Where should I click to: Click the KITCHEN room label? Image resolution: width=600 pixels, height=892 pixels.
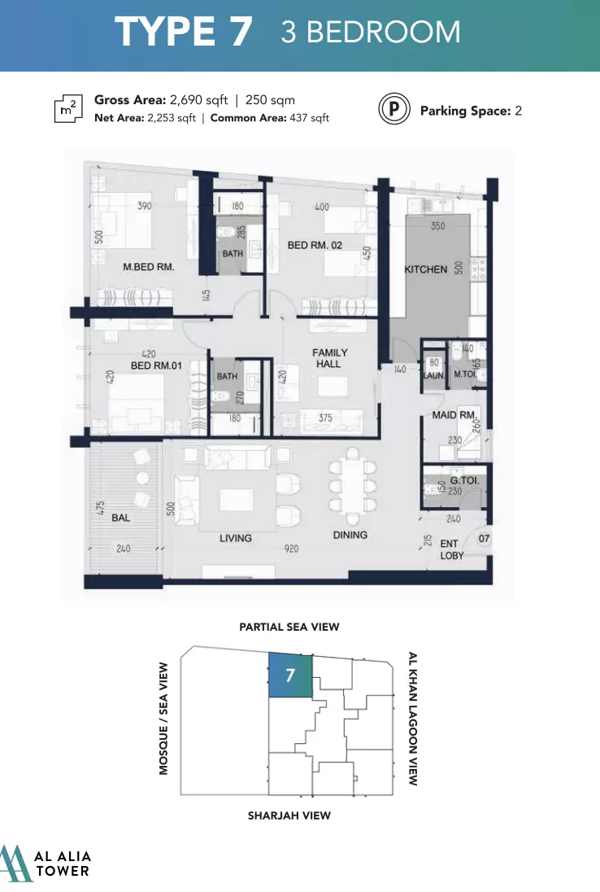[x=425, y=269]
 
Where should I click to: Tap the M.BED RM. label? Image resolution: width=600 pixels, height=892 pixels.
[x=149, y=267]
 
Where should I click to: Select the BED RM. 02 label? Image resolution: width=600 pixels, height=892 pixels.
[x=315, y=245]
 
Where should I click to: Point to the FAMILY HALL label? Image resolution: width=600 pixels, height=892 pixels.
[x=329, y=358]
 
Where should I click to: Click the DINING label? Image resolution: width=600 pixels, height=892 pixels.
[x=350, y=535]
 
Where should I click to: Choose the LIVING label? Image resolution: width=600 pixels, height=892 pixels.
[x=236, y=538]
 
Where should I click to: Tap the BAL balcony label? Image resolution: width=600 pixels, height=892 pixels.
[x=120, y=518]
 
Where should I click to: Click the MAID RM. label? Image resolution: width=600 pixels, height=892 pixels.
[x=454, y=415]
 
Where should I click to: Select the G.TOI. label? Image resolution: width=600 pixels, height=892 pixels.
[x=465, y=481]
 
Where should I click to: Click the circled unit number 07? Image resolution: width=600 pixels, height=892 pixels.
[x=484, y=539]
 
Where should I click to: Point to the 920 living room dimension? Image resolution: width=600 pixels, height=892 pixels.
[x=292, y=549]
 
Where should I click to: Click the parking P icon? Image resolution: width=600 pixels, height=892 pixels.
[x=394, y=109]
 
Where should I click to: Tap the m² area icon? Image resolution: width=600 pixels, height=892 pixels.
[x=68, y=108]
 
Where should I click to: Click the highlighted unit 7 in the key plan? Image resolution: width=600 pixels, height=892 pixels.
[x=290, y=676]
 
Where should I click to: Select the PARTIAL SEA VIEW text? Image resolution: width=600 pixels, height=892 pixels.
[x=289, y=627]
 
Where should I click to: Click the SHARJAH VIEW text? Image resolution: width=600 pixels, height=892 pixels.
[x=289, y=815]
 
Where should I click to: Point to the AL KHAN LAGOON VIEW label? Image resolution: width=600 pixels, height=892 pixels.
[x=413, y=719]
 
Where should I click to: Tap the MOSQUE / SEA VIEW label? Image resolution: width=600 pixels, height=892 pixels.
[x=163, y=719]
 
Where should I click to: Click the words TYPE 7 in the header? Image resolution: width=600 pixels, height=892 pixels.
[x=184, y=31]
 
